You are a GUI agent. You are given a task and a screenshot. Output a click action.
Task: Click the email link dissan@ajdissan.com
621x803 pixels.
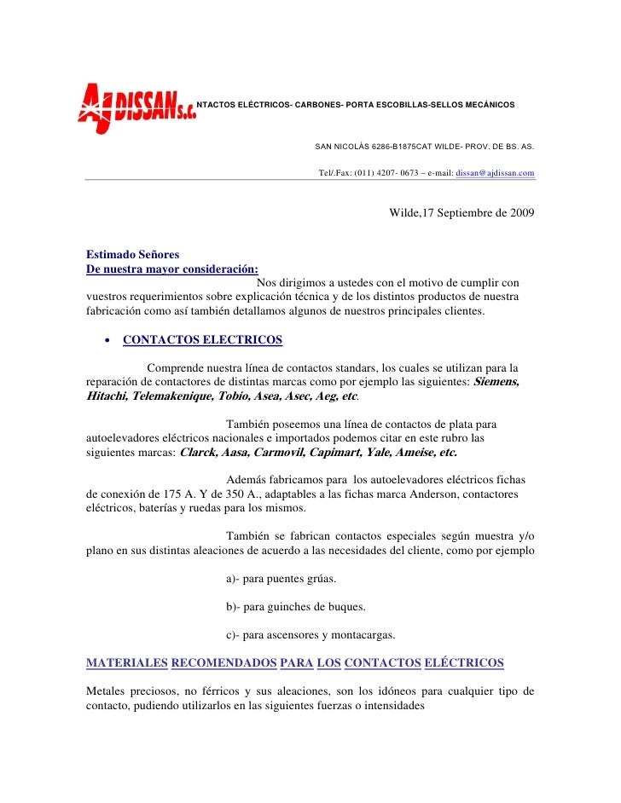[x=496, y=173]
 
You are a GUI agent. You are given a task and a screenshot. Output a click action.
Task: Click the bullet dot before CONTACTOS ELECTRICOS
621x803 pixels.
[x=107, y=340]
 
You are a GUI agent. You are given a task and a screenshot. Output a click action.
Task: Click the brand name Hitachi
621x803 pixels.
[x=112, y=396]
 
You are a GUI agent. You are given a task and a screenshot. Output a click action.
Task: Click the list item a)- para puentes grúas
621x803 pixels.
[x=281, y=579]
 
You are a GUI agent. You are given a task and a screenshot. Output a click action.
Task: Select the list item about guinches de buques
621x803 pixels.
[x=295, y=607]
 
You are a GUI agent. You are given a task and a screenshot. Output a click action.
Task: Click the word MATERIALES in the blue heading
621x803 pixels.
[x=127, y=662]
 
